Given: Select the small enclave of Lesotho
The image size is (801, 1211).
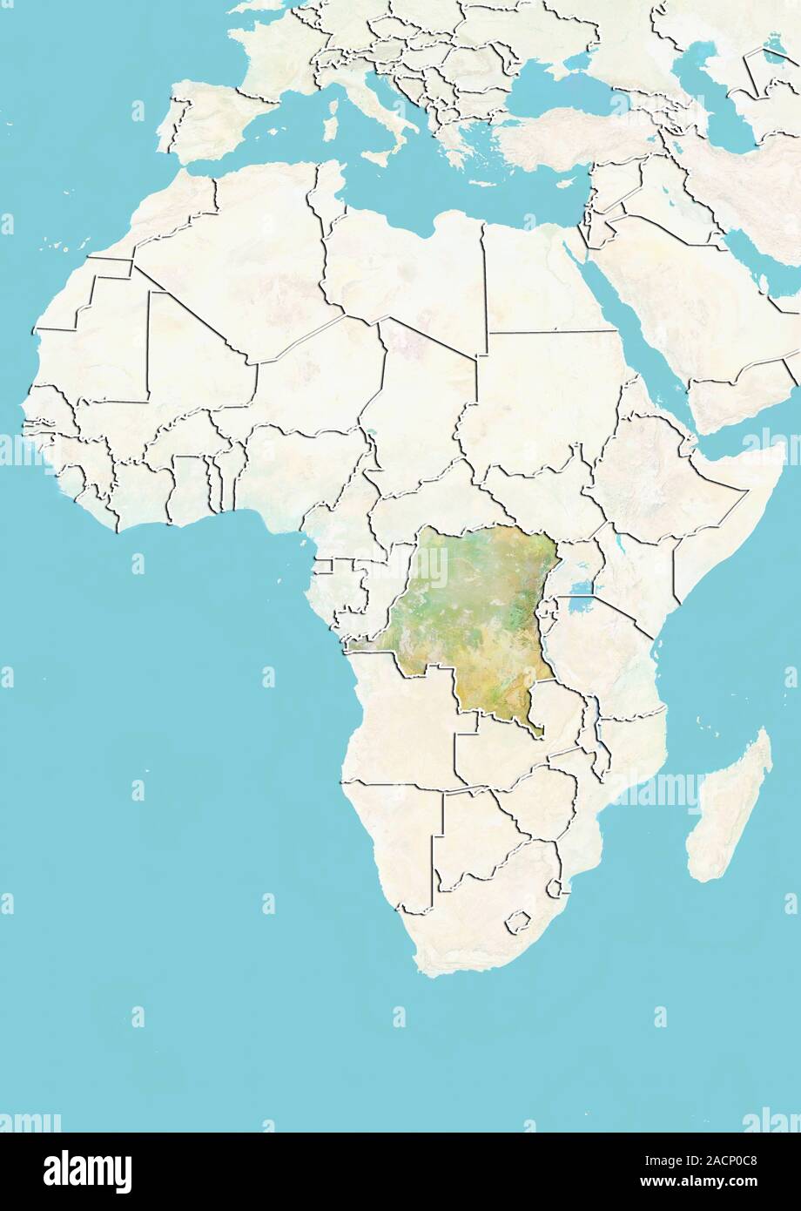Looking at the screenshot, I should (x=520, y=920).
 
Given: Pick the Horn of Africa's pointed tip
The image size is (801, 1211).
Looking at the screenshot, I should (x=780, y=450).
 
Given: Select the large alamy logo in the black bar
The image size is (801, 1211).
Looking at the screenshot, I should (x=87, y=1171).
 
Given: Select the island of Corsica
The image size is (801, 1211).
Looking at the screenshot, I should (x=333, y=87).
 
